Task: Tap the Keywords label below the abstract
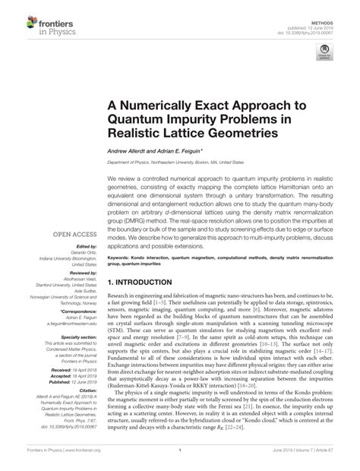pyautogui.click(x=122, y=257)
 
